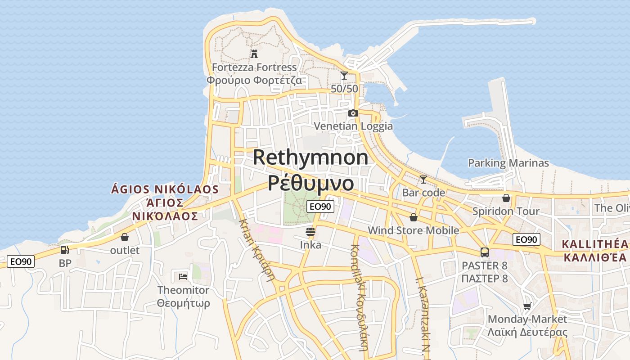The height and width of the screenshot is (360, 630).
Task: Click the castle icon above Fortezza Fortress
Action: point(254,54)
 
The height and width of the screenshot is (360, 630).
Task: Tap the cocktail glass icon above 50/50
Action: point(344,76)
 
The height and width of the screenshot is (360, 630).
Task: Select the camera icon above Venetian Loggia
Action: point(353,113)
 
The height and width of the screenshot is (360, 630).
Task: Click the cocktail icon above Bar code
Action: point(423,180)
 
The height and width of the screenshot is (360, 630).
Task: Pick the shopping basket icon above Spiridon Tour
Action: point(506,198)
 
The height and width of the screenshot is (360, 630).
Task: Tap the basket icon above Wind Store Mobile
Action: point(414,217)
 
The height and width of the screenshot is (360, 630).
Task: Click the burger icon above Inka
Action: point(310,232)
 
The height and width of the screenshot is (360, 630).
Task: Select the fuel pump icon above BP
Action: point(65,250)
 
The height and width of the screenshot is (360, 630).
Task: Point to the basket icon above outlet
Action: point(125,237)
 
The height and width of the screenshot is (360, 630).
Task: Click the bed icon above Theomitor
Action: point(183,276)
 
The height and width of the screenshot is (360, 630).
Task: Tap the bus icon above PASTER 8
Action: point(485,252)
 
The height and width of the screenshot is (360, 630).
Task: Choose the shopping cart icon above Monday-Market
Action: point(527,306)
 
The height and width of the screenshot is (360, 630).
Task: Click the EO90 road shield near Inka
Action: point(321,207)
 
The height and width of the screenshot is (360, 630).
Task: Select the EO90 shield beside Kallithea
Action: point(526,239)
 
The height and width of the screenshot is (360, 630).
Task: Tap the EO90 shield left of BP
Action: point(21,261)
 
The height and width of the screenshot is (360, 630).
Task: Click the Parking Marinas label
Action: point(508,163)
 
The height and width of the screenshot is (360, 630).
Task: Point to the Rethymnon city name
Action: point(310,157)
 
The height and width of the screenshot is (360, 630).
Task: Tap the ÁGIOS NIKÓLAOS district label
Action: point(165,189)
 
